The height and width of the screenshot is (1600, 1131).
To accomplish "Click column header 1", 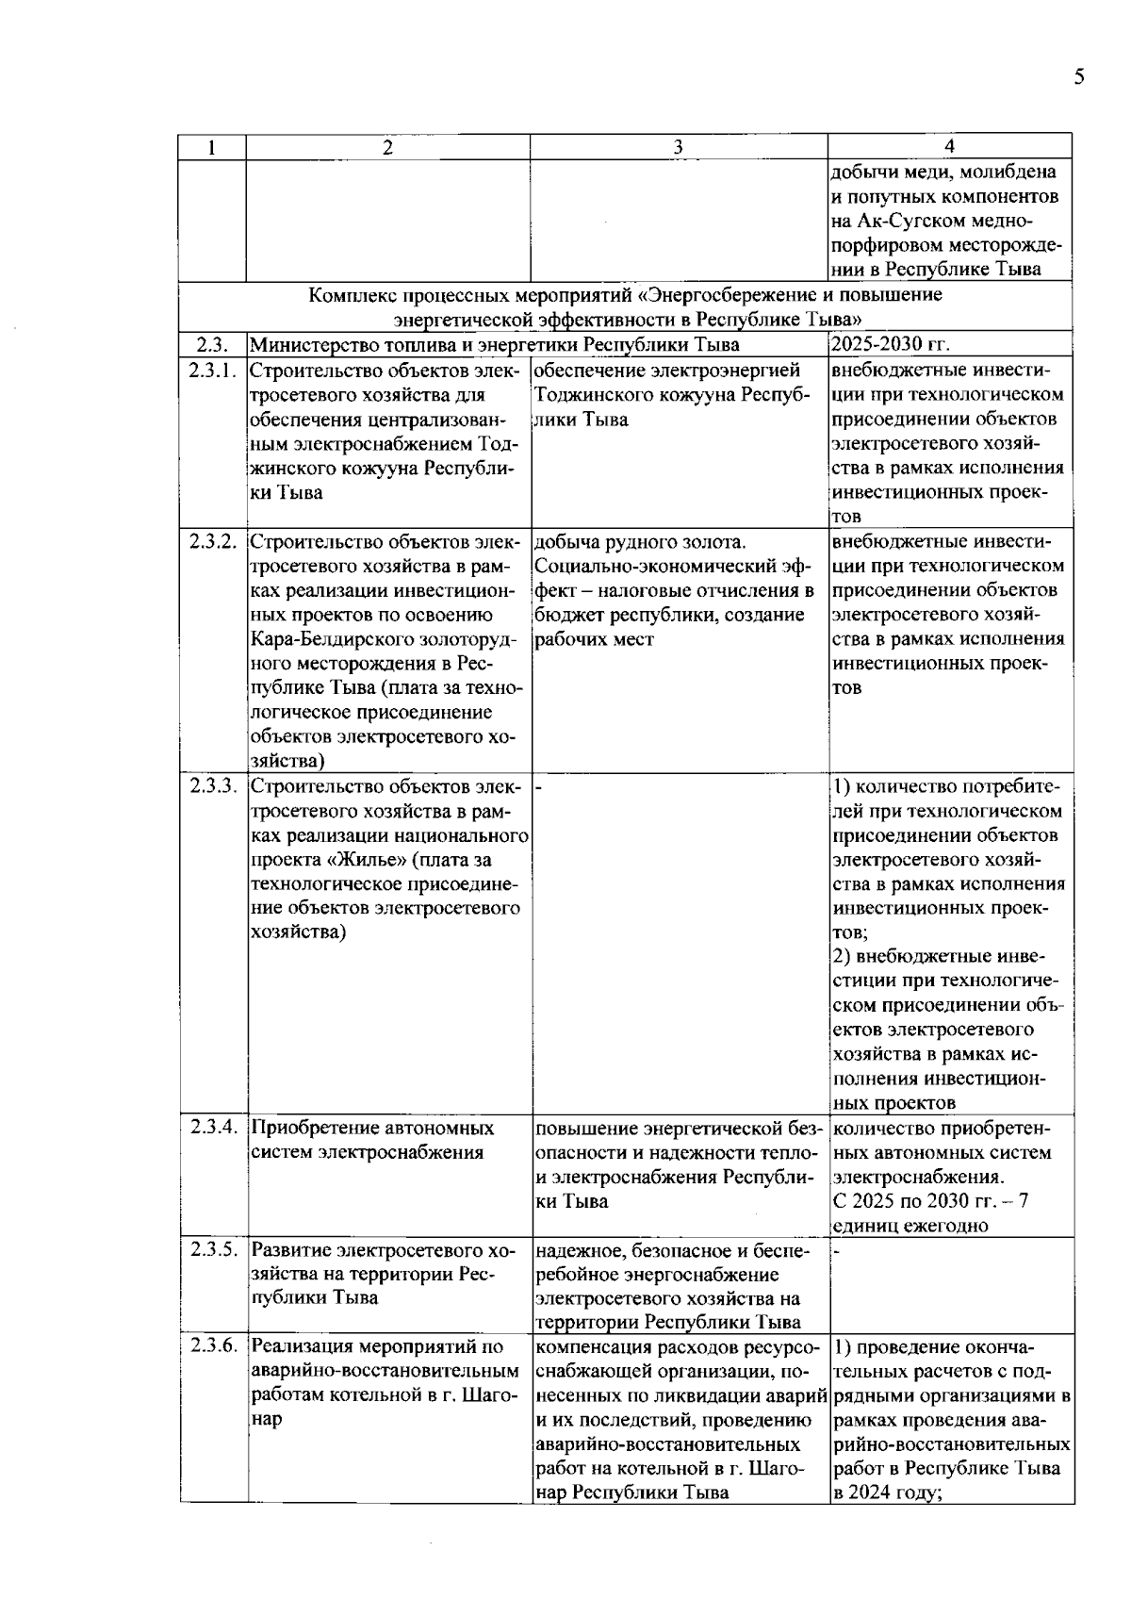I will click(212, 146).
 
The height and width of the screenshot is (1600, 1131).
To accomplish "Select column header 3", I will click(679, 146).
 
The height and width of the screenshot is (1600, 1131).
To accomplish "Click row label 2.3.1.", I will click(212, 371).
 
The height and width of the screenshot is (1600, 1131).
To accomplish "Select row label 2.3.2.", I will click(212, 542).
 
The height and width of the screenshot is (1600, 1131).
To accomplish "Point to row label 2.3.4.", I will click(212, 1128).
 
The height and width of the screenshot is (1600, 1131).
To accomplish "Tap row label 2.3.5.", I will click(212, 1250).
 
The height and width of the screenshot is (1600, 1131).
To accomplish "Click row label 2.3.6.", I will click(212, 1346).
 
